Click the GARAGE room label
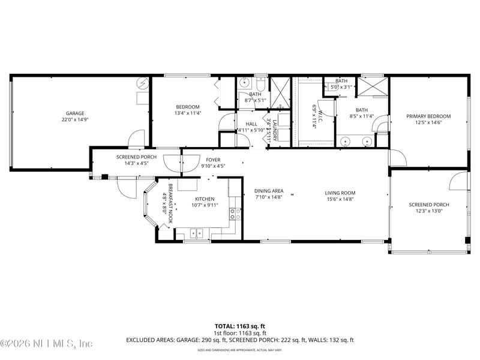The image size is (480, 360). point(75,113)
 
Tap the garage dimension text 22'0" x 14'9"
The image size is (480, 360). point(75,120)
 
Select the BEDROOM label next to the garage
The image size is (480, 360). point(187,107)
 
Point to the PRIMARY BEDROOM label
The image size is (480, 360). point(428,116)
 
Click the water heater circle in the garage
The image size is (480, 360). point(141,83)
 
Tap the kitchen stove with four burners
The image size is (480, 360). point(235,214)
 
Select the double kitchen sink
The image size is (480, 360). point(198,233)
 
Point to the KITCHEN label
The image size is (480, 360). point(205,199)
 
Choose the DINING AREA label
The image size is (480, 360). point(269,190)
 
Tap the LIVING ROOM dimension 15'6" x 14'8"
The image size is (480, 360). point(340,199)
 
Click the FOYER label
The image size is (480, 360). point(213,160)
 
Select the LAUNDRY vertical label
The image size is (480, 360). point(275,131)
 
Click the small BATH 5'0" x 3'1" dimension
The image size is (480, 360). point(341,87)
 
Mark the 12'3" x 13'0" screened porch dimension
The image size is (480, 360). point(428,211)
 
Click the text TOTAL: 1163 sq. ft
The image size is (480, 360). point(239,326)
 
